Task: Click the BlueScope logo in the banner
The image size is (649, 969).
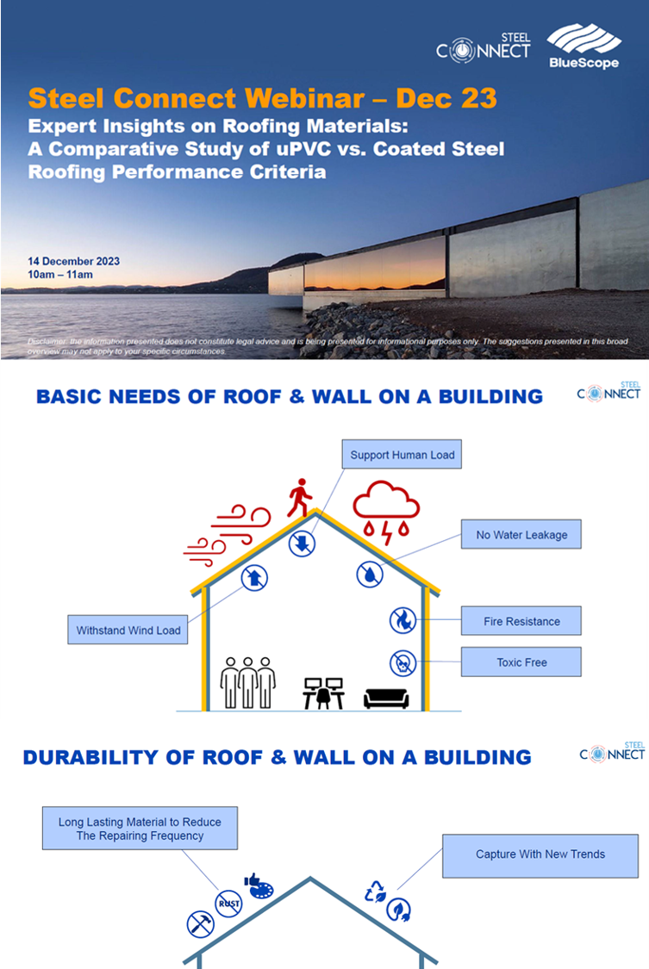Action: pos(583,47)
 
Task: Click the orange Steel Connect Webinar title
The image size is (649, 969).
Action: pos(262,96)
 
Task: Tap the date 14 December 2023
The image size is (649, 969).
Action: pos(73,261)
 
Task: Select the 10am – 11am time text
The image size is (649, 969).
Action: pos(60,275)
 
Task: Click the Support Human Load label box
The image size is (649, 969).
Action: pos(402,455)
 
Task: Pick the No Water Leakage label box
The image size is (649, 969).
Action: pos(521,535)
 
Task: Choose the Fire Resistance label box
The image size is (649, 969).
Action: pos(521,621)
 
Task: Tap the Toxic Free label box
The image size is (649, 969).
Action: pos(521,662)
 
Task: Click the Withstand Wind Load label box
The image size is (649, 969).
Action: pos(128,630)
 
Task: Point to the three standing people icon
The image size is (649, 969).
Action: pos(248,683)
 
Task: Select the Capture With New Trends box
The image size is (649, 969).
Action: pos(540,854)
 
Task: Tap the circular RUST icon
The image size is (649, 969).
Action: pos(228,904)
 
